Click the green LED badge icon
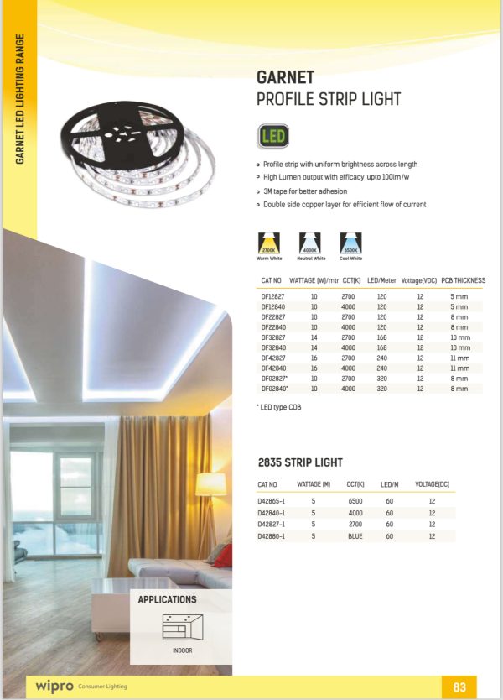(x=274, y=136)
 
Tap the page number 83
(x=459, y=687)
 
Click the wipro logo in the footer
(x=54, y=687)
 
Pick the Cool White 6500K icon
(x=351, y=243)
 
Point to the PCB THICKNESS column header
(x=463, y=280)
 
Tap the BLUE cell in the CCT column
(x=355, y=535)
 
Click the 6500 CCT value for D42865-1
(x=355, y=501)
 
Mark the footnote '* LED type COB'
(x=277, y=407)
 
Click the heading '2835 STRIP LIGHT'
(x=299, y=462)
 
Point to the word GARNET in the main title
(x=286, y=79)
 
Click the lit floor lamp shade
(x=210, y=484)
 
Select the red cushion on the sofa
(x=222, y=556)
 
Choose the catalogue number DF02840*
(x=275, y=389)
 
